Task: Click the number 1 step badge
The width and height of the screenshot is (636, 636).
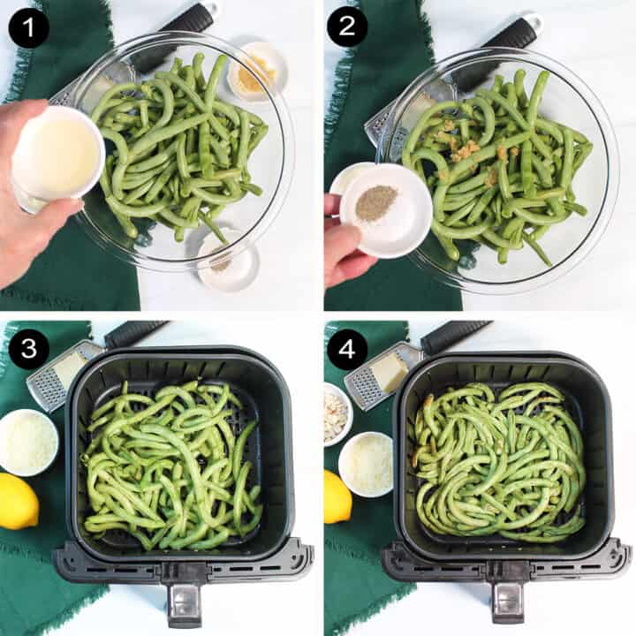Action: [27, 27]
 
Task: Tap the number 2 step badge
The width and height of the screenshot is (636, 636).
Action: [347, 27]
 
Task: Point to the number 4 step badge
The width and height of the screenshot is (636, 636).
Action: [347, 350]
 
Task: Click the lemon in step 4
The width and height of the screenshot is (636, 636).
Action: [337, 496]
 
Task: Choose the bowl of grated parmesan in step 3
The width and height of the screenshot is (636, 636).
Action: [29, 440]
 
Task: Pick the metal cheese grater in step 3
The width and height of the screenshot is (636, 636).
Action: [58, 375]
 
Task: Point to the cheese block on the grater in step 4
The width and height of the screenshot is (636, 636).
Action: [388, 371]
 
